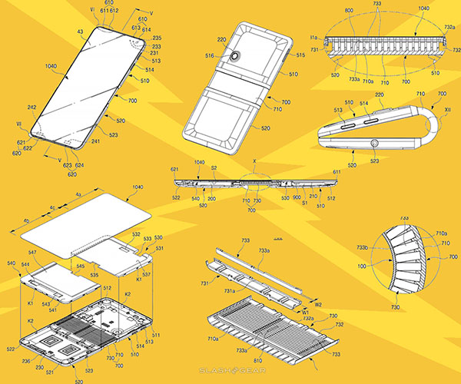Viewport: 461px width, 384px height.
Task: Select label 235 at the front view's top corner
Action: (x=158, y=37)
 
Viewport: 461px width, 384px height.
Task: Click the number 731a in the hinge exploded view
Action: (x=250, y=292)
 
